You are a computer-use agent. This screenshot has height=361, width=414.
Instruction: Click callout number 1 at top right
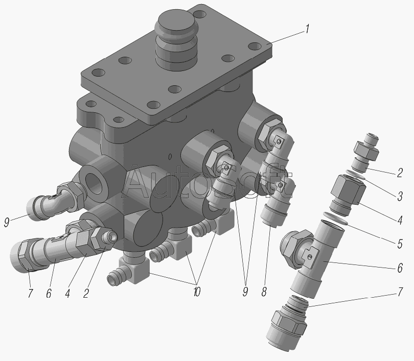[307, 29]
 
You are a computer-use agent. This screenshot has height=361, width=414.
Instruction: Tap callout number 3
[400, 196]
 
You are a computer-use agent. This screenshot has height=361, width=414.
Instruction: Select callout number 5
[400, 244]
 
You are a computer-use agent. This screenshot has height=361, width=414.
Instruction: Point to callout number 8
[264, 292]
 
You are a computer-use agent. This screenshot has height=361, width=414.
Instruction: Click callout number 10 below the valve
[197, 292]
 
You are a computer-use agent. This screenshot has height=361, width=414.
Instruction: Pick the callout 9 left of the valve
[7, 222]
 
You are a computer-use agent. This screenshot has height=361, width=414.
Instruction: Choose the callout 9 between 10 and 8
[245, 292]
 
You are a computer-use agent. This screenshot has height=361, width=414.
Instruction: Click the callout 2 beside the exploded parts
[400, 173]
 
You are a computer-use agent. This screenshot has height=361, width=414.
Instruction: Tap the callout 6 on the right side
[400, 268]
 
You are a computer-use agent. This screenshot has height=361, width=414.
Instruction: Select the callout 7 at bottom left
[30, 293]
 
